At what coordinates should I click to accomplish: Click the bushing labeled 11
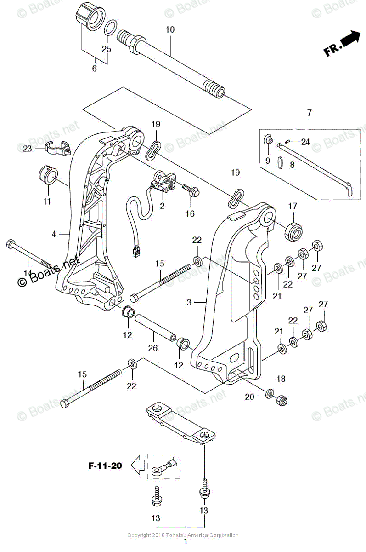[x=47, y=175]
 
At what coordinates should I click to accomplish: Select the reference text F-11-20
[x=105, y=466]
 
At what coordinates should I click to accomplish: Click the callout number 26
[x=153, y=348]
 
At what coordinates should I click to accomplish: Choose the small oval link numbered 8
[x=281, y=163]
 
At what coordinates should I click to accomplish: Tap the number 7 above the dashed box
[x=309, y=112]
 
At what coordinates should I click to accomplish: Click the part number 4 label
[x=54, y=234]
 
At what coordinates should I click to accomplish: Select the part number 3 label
[x=189, y=302]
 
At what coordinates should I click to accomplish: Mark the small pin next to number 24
[x=288, y=141]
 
